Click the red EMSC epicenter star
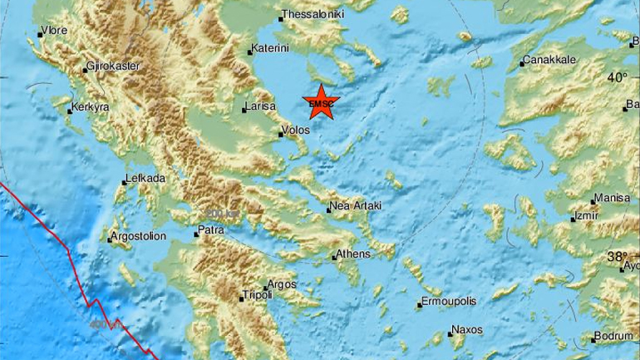pyautogui.click(x=320, y=102)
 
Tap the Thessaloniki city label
pyautogui.click(x=313, y=14)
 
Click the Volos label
pyautogui.click(x=296, y=131)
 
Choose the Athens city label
pyautogui.click(x=353, y=254)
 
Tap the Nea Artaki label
pyautogui.click(x=356, y=205)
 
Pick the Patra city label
pyautogui.click(x=211, y=230)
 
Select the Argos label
pyautogui.click(x=283, y=284)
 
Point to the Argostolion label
pyautogui.click(x=138, y=237)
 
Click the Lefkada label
pyautogui.click(x=145, y=178)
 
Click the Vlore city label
pyautogui.click(x=55, y=31)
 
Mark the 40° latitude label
pyautogui.click(x=617, y=77)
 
